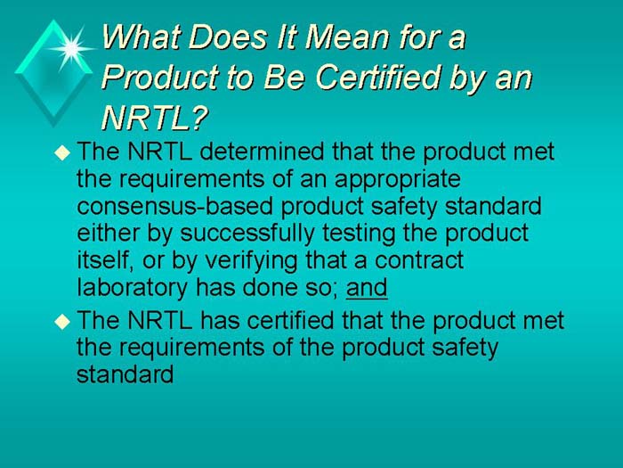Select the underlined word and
point(367,288)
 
